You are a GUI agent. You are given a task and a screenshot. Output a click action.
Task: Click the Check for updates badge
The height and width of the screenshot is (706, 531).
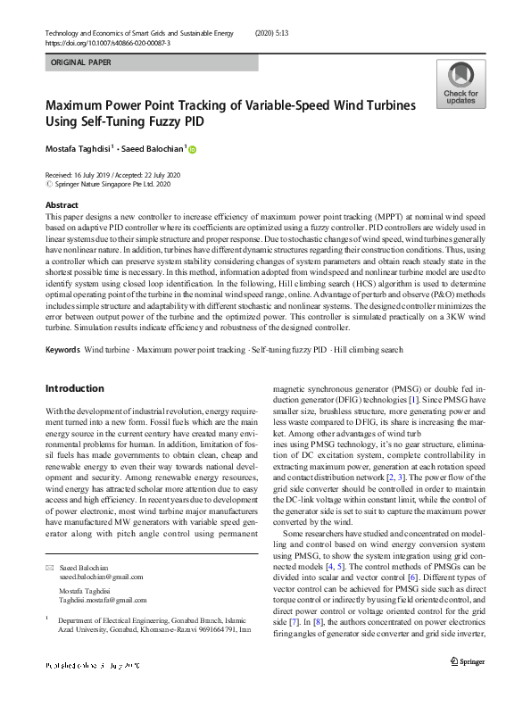click(x=460, y=85)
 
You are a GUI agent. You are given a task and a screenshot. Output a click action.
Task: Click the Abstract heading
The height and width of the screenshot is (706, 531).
click(x=62, y=204)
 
